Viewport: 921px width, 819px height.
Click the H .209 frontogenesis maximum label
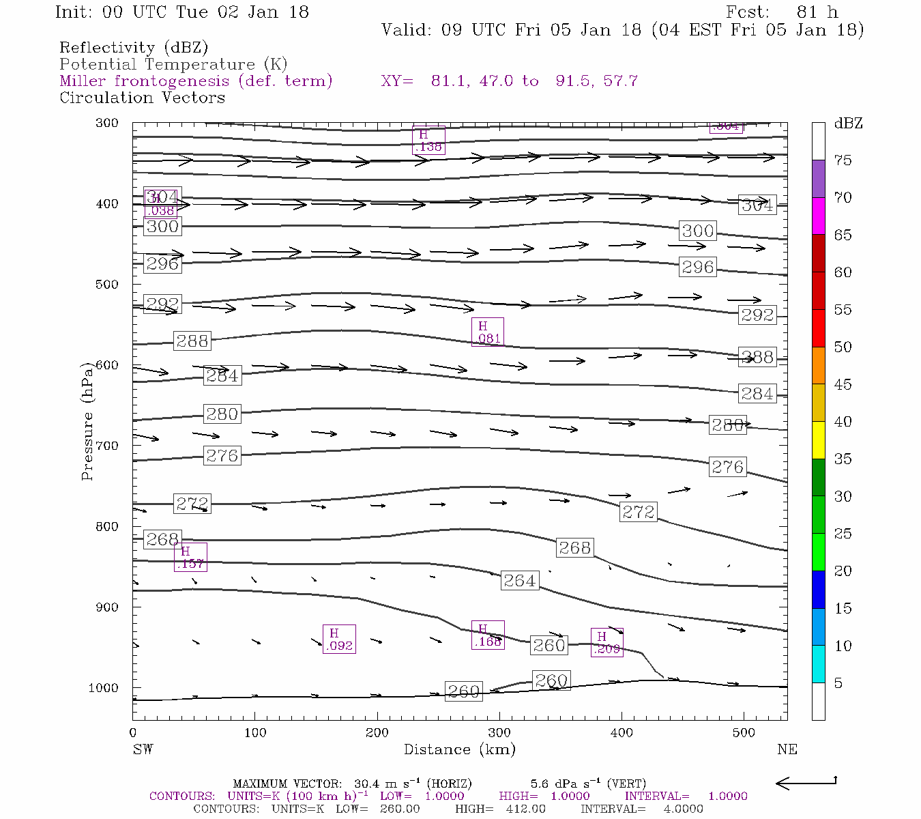point(606,642)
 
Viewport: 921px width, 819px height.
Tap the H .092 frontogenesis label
point(339,640)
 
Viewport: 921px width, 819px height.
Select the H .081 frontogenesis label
point(488,332)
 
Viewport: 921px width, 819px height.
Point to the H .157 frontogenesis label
point(190,557)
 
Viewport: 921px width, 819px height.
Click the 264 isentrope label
point(520,581)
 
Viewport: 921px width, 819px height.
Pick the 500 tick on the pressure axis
point(108,285)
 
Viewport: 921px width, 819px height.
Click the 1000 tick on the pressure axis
point(104,688)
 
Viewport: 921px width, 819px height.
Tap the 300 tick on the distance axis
point(499,733)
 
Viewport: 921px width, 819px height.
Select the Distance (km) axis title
point(459,749)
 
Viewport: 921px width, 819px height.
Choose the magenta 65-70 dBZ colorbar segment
point(818,216)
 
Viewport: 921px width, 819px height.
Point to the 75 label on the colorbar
point(843,160)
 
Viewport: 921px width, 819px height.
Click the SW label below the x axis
point(143,749)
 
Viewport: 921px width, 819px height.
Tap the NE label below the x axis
point(787,749)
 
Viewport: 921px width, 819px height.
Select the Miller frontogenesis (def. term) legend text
point(196,81)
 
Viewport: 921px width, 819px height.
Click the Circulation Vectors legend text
point(142,98)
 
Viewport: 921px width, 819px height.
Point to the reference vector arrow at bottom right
point(806,782)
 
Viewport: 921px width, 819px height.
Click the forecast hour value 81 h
point(817,12)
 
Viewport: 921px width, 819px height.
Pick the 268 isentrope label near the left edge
point(162,539)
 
